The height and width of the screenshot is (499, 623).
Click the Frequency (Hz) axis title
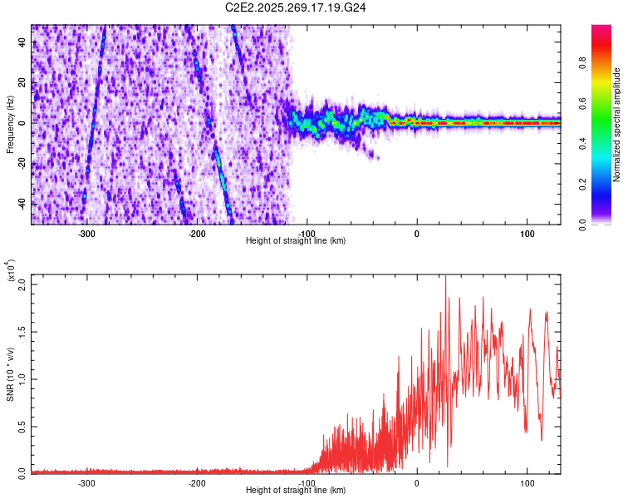coord(11,124)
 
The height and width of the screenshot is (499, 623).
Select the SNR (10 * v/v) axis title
coord(11,373)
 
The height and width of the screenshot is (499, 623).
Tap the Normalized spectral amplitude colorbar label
coord(616,125)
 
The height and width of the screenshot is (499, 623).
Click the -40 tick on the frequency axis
coord(21,204)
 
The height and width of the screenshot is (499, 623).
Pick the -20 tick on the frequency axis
coord(21,164)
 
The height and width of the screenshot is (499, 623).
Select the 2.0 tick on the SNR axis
coord(22,284)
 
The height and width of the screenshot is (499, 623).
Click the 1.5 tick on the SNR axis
coord(22,331)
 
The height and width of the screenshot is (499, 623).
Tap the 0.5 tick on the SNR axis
coord(22,426)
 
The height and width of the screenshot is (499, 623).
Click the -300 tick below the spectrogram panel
coord(86,234)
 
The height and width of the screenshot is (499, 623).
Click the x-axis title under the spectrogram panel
coord(296,241)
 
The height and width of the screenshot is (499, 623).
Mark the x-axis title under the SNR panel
coord(296,491)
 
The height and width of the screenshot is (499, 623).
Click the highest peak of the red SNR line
coord(446,275)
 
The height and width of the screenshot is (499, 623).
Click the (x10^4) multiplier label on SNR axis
coord(11,271)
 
